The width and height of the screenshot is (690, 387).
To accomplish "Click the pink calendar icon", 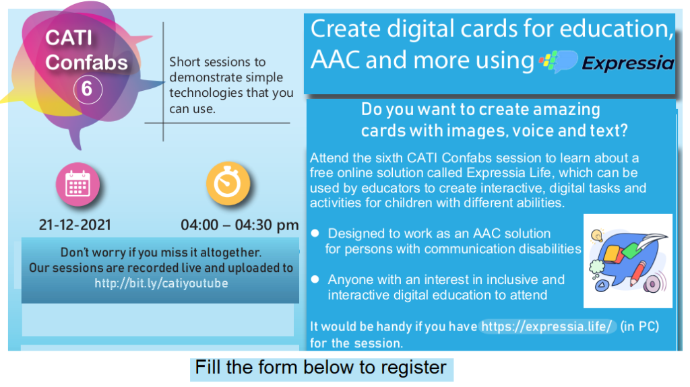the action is (77, 184).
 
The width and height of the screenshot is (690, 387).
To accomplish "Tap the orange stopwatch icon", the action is (228, 183).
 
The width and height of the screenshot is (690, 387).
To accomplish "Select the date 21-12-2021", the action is (75, 225).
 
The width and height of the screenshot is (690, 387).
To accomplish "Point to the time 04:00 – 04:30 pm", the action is (239, 225).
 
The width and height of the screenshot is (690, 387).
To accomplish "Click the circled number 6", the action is (88, 90).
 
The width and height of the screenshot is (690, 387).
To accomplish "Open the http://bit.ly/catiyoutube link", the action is (161, 283).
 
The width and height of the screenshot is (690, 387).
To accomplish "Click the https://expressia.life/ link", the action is (546, 326).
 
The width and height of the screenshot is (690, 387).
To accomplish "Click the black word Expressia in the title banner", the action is (627, 63).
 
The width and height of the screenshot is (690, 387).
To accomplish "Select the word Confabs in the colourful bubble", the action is (86, 63).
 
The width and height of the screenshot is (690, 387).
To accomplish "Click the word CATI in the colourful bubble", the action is (69, 38).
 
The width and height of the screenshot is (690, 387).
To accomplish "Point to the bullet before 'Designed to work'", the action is (315, 234).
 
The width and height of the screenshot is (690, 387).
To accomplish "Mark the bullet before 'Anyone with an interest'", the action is (315, 279).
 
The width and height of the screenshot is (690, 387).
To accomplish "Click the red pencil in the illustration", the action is (637, 273).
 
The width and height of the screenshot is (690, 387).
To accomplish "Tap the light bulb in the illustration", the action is (597, 236).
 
